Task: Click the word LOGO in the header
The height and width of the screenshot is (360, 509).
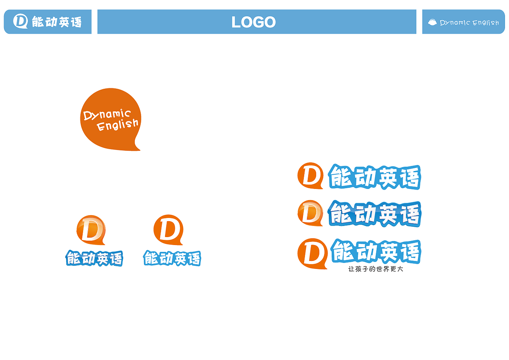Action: [253, 22]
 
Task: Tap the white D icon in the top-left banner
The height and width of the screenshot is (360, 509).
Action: [20, 21]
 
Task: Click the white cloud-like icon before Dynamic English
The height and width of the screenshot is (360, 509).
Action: [432, 22]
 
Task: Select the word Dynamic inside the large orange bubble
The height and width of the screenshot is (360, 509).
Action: [107, 114]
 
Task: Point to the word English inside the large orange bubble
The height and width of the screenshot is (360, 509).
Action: [117, 125]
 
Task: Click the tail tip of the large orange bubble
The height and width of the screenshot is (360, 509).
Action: [140, 150]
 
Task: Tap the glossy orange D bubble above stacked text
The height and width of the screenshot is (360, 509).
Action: [91, 230]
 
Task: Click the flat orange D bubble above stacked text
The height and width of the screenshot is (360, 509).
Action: [168, 230]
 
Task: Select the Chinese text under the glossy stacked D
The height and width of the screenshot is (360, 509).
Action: [94, 258]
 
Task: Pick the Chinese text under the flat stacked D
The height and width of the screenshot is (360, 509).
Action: [172, 258]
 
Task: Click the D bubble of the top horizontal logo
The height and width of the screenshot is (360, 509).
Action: [311, 175]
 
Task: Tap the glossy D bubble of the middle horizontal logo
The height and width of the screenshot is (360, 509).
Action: [311, 213]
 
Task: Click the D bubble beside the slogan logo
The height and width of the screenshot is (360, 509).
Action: [313, 254]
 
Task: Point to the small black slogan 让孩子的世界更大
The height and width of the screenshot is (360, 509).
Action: [376, 269]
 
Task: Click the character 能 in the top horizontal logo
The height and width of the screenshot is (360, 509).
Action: [340, 176]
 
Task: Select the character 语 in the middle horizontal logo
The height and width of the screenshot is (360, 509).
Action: [410, 215]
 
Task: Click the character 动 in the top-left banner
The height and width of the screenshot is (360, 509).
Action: [51, 22]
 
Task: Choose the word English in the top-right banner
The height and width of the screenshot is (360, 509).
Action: [486, 23]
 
